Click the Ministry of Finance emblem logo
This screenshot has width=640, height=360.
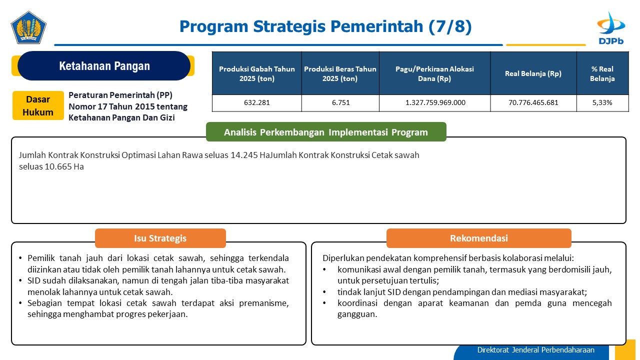[28, 27]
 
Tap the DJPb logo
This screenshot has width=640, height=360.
[611, 28]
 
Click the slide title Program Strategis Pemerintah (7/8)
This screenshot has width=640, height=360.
[325, 26]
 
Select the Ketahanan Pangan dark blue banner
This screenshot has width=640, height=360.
[104, 65]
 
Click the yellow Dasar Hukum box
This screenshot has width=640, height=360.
[38, 105]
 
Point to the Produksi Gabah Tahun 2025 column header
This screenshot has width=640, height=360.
[257, 73]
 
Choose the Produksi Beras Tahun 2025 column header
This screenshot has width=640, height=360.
[340, 73]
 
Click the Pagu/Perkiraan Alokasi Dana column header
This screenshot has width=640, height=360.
[434, 73]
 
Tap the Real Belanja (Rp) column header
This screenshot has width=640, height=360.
[533, 73]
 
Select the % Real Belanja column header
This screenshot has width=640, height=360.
[602, 73]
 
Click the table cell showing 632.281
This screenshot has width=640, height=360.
[257, 103]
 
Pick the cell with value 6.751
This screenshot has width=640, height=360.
[340, 103]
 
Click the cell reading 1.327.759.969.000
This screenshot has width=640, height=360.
[435, 103]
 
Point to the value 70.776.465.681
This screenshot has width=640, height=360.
[533, 103]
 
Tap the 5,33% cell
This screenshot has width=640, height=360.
[602, 103]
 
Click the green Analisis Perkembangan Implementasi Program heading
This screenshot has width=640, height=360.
[326, 132]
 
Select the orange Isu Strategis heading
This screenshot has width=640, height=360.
[160, 238]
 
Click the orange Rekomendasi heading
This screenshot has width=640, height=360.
[479, 238]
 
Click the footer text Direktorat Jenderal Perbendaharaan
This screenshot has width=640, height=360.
[535, 350]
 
